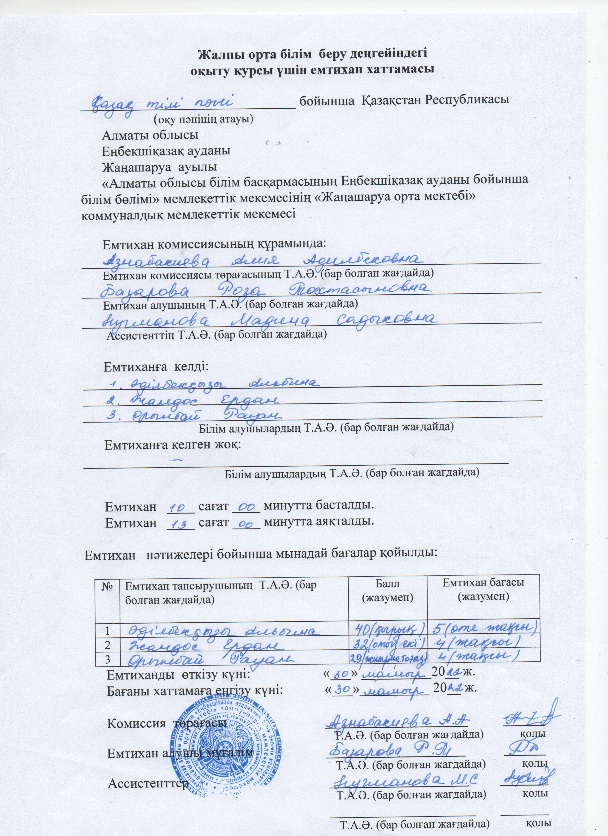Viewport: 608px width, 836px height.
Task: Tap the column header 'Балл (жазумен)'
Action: click(x=387, y=590)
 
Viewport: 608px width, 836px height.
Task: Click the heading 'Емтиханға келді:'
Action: click(x=156, y=367)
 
